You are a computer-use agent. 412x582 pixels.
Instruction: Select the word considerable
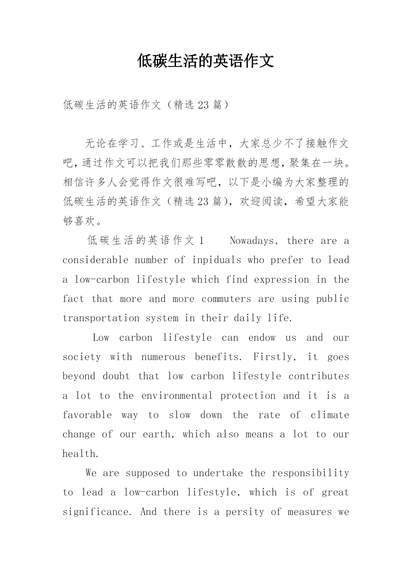[x=95, y=260]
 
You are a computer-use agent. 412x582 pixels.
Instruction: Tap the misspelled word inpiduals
[x=216, y=260]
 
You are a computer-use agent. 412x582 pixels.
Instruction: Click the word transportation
[x=101, y=318]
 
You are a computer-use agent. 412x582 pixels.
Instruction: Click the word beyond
[x=79, y=376]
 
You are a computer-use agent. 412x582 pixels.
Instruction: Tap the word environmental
[x=177, y=396]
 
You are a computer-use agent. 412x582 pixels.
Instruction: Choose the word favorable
[x=87, y=415]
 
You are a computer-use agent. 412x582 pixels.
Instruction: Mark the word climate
[x=330, y=415]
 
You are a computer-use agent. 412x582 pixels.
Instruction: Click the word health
[x=81, y=454]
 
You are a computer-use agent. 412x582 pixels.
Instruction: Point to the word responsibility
[x=310, y=473]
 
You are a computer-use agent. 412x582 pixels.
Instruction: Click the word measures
[x=309, y=512]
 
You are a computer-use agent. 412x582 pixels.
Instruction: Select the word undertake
[x=218, y=473]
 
